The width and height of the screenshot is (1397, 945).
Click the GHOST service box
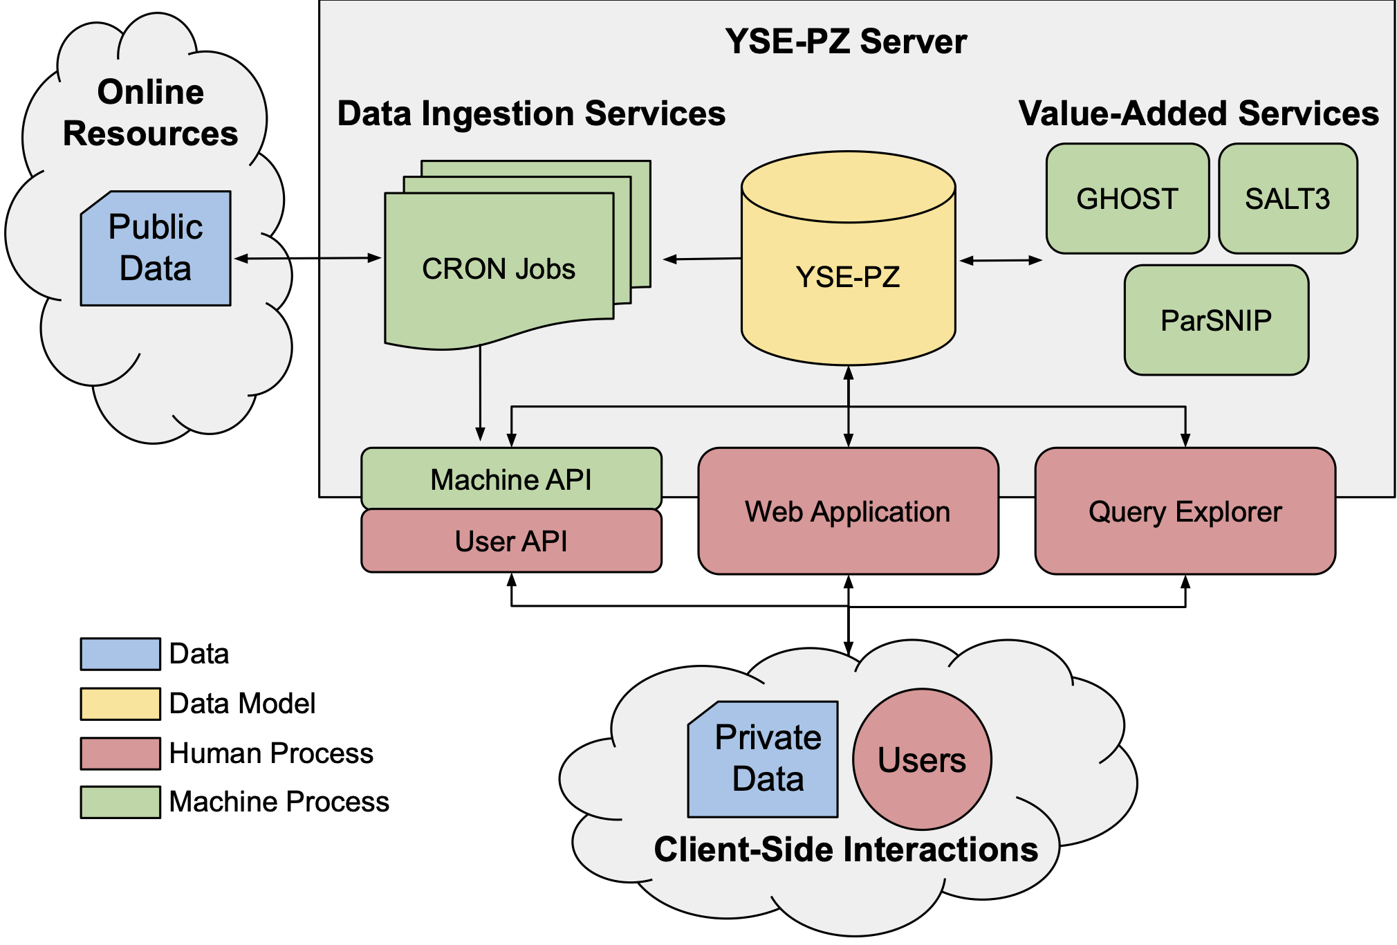coord(1127,199)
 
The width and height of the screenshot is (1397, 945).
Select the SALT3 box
coord(1287,199)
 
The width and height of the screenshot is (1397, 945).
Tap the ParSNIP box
coord(1216,320)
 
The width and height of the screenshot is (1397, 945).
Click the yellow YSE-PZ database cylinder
coord(848,277)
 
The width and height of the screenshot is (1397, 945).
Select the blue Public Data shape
coord(156,248)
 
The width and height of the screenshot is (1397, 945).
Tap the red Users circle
coord(922,759)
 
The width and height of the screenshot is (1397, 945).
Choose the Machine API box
coord(511,479)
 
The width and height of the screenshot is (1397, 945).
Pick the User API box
coord(511,541)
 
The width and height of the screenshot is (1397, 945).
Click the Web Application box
coord(848,511)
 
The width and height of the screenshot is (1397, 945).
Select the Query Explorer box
coord(1185,511)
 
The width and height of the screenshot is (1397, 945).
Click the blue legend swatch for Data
coord(120,654)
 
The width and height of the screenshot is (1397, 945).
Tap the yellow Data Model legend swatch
coord(120,704)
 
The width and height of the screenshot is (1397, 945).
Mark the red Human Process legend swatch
coord(120,753)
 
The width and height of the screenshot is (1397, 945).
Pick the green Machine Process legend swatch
coord(120,802)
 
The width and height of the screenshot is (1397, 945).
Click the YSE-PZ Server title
coord(846,42)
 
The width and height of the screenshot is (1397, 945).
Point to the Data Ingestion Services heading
coord(531,113)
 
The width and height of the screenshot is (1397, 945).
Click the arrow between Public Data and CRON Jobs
coord(308,259)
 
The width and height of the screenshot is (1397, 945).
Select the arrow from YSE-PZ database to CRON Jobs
coord(702,259)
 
